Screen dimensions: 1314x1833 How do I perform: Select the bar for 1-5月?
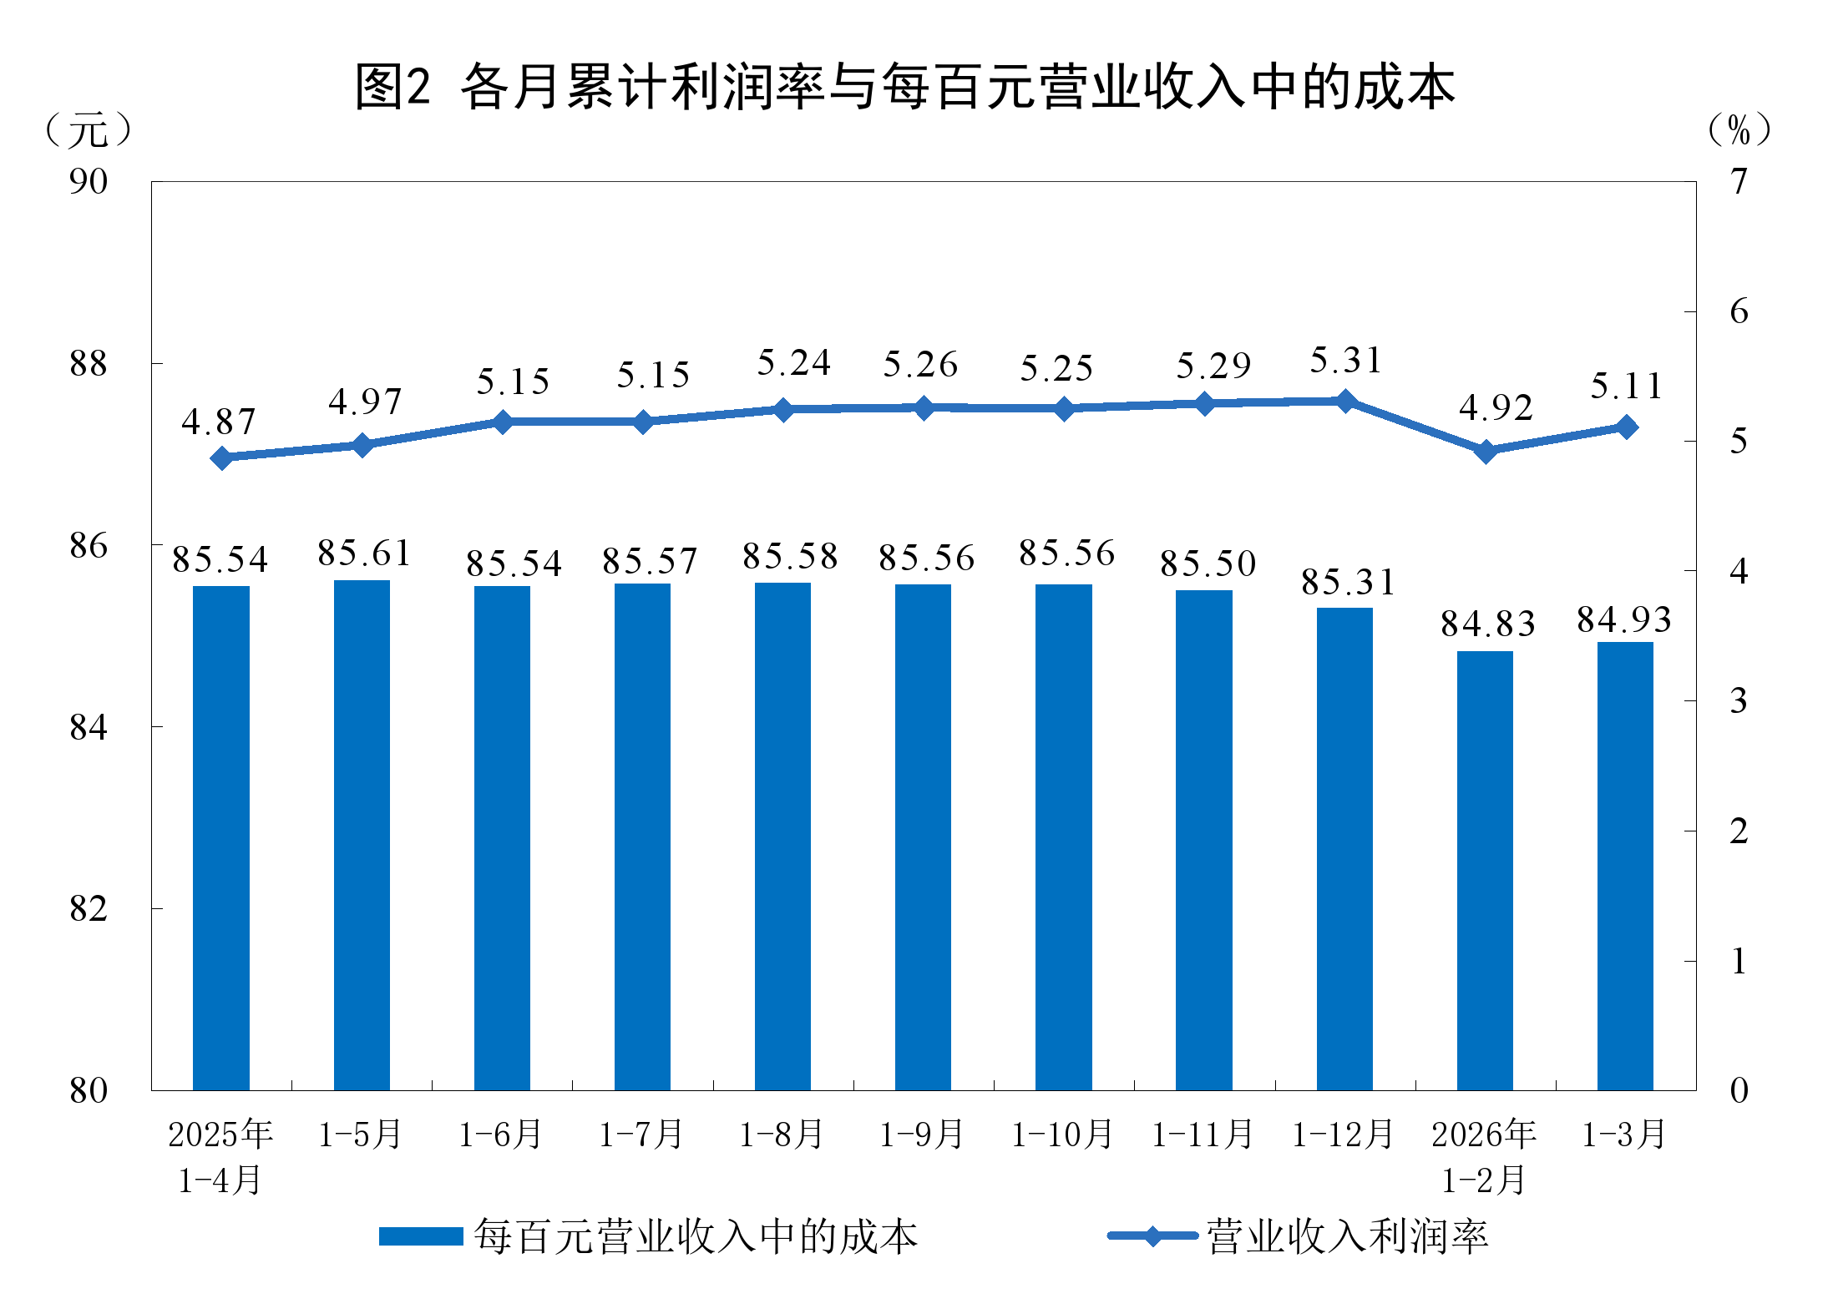click(362, 835)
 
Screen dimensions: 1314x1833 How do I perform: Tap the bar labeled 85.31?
click(1344, 847)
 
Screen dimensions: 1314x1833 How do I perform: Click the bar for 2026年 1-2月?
click(1485, 868)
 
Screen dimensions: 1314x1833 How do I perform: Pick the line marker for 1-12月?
click(1345, 402)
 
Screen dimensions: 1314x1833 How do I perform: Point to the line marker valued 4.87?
click(221, 457)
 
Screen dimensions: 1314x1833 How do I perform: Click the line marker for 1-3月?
click(1626, 427)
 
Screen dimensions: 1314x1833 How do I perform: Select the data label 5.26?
click(920, 365)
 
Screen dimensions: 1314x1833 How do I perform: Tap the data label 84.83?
click(1487, 624)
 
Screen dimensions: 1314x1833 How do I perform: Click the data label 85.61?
click(364, 553)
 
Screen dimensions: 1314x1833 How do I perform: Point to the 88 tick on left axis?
click(89, 364)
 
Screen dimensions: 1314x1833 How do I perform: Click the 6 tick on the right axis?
click(1739, 311)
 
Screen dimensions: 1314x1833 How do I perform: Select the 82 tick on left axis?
click(89, 908)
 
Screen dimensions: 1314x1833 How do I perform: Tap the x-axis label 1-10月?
click(1062, 1135)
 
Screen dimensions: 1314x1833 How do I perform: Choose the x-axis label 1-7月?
click(641, 1135)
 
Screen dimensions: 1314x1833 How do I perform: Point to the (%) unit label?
click(1739, 130)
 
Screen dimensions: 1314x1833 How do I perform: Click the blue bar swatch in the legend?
click(421, 1236)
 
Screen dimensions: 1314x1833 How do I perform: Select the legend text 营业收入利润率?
click(1347, 1236)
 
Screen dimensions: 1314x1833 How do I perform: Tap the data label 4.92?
click(1496, 408)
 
